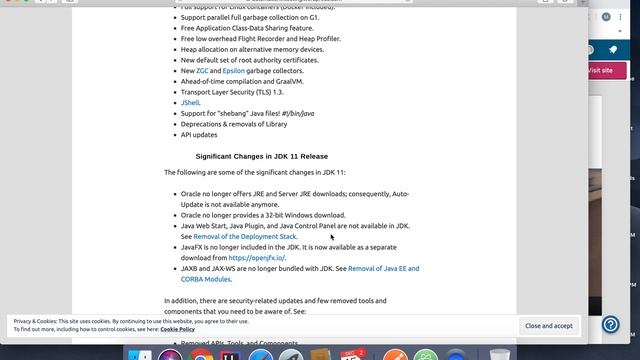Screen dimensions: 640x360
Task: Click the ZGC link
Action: click(201, 71)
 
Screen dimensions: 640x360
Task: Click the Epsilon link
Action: click(234, 71)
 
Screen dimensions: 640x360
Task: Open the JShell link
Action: click(190, 102)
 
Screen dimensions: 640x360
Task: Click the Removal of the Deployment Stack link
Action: click(245, 237)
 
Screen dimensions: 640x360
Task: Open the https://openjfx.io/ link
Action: click(256, 258)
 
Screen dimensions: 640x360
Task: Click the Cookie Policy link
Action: click(177, 329)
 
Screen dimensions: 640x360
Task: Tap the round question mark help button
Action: click(612, 325)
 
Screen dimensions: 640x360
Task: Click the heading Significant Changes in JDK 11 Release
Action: click(261, 156)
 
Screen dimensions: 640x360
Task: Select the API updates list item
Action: click(198, 134)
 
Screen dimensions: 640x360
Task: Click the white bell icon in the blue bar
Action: click(613, 49)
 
